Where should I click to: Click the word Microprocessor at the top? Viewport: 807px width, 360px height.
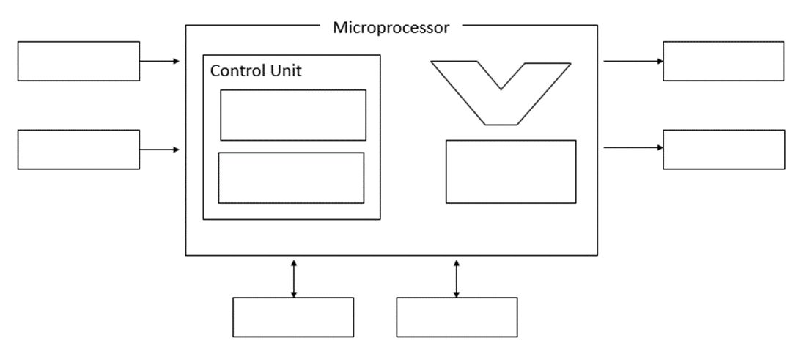[x=391, y=28]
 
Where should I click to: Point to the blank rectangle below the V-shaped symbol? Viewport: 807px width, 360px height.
[x=511, y=171]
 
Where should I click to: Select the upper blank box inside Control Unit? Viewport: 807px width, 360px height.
[x=292, y=114]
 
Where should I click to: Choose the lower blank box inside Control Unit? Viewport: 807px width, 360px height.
[x=291, y=177]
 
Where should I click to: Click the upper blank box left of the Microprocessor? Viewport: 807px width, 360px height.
[x=78, y=61]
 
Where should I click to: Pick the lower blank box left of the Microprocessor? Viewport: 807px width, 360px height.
[x=78, y=150]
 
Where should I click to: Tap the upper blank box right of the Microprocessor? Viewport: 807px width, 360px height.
[x=723, y=61]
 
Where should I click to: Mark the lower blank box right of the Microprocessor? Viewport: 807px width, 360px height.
[x=723, y=149]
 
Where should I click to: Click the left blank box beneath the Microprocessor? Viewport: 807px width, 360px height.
[x=293, y=317]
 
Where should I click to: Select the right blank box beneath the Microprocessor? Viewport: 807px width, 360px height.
[x=457, y=317]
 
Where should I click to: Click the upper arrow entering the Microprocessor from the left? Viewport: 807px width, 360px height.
[x=160, y=61]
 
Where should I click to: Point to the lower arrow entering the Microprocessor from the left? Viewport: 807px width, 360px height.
[x=160, y=150]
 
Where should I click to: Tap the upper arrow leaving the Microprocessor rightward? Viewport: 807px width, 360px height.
[x=633, y=61]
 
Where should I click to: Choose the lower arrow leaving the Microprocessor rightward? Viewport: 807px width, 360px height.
[x=633, y=147]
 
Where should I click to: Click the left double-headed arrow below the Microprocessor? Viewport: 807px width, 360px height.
[x=293, y=277]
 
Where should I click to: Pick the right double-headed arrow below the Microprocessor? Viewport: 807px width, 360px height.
[x=457, y=277]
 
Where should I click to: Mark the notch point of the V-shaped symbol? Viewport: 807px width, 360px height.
[x=501, y=89]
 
